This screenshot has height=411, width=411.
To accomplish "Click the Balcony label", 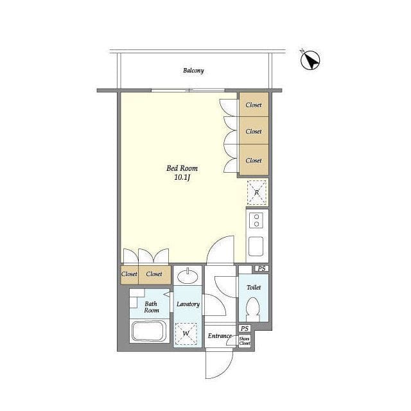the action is [193, 71].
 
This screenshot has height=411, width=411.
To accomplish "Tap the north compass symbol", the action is [310, 60].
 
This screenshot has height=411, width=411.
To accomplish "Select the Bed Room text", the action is [182, 168].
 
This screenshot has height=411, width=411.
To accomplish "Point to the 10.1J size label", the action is [182, 177].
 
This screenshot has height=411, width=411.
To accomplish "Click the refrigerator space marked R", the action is [257, 193].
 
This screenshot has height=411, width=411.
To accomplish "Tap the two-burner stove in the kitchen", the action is [257, 220].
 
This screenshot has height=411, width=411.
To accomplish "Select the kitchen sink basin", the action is [256, 246].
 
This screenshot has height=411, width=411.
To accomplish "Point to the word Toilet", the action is [254, 287].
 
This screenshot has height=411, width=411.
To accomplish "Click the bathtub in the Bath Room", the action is [150, 331].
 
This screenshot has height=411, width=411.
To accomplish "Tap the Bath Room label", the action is [152, 307].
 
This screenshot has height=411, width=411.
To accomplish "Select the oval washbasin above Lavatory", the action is [188, 276].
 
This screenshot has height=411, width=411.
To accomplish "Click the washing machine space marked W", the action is [186, 334].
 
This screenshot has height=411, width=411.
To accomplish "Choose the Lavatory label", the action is [188, 304].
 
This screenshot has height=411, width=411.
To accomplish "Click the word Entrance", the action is [220, 336].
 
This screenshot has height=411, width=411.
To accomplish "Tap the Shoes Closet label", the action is [245, 341].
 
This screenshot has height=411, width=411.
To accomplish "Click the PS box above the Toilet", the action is [261, 268].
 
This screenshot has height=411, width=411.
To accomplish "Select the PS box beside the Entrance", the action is [245, 328].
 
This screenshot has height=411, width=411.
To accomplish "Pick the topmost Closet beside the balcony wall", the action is [254, 105].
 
